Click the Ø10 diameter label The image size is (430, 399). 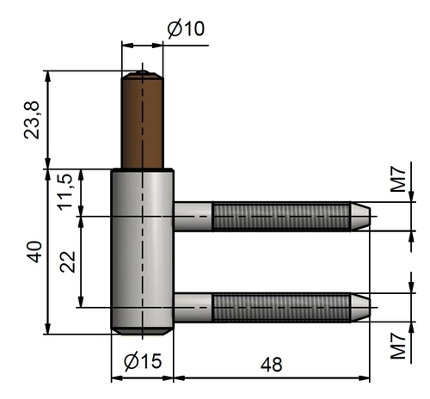click(x=186, y=28)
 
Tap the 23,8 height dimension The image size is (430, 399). click(x=32, y=120)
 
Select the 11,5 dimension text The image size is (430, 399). click(x=65, y=192)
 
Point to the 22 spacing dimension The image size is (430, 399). click(x=68, y=261)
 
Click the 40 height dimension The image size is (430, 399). click(x=34, y=252)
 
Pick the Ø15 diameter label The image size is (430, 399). click(x=143, y=361)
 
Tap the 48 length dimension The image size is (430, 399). click(x=271, y=365)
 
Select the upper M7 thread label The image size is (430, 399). click(x=398, y=181)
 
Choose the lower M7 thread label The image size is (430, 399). click(x=398, y=346)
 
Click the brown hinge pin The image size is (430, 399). click(x=143, y=120)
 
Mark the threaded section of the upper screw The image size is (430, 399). click(x=281, y=217)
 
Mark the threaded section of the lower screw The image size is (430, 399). click(x=281, y=308)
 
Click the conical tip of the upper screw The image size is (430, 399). click(x=360, y=217)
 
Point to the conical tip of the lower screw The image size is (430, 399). click(x=360, y=308)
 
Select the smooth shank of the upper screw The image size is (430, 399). click(x=193, y=217)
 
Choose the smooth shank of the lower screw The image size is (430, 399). click(x=193, y=308)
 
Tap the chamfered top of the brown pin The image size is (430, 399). click(x=143, y=75)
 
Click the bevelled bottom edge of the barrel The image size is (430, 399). click(x=143, y=331)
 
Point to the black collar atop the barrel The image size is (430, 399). click(x=143, y=170)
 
